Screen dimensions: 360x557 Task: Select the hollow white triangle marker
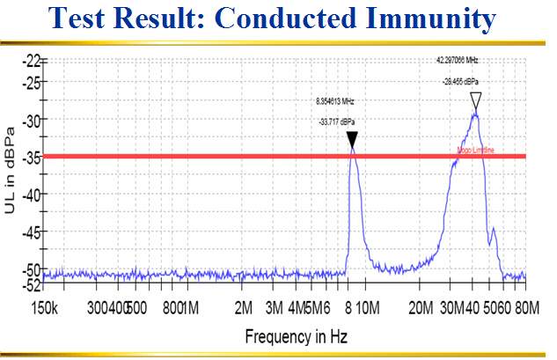coord(476,99)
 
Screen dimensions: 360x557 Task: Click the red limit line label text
coord(475,151)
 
